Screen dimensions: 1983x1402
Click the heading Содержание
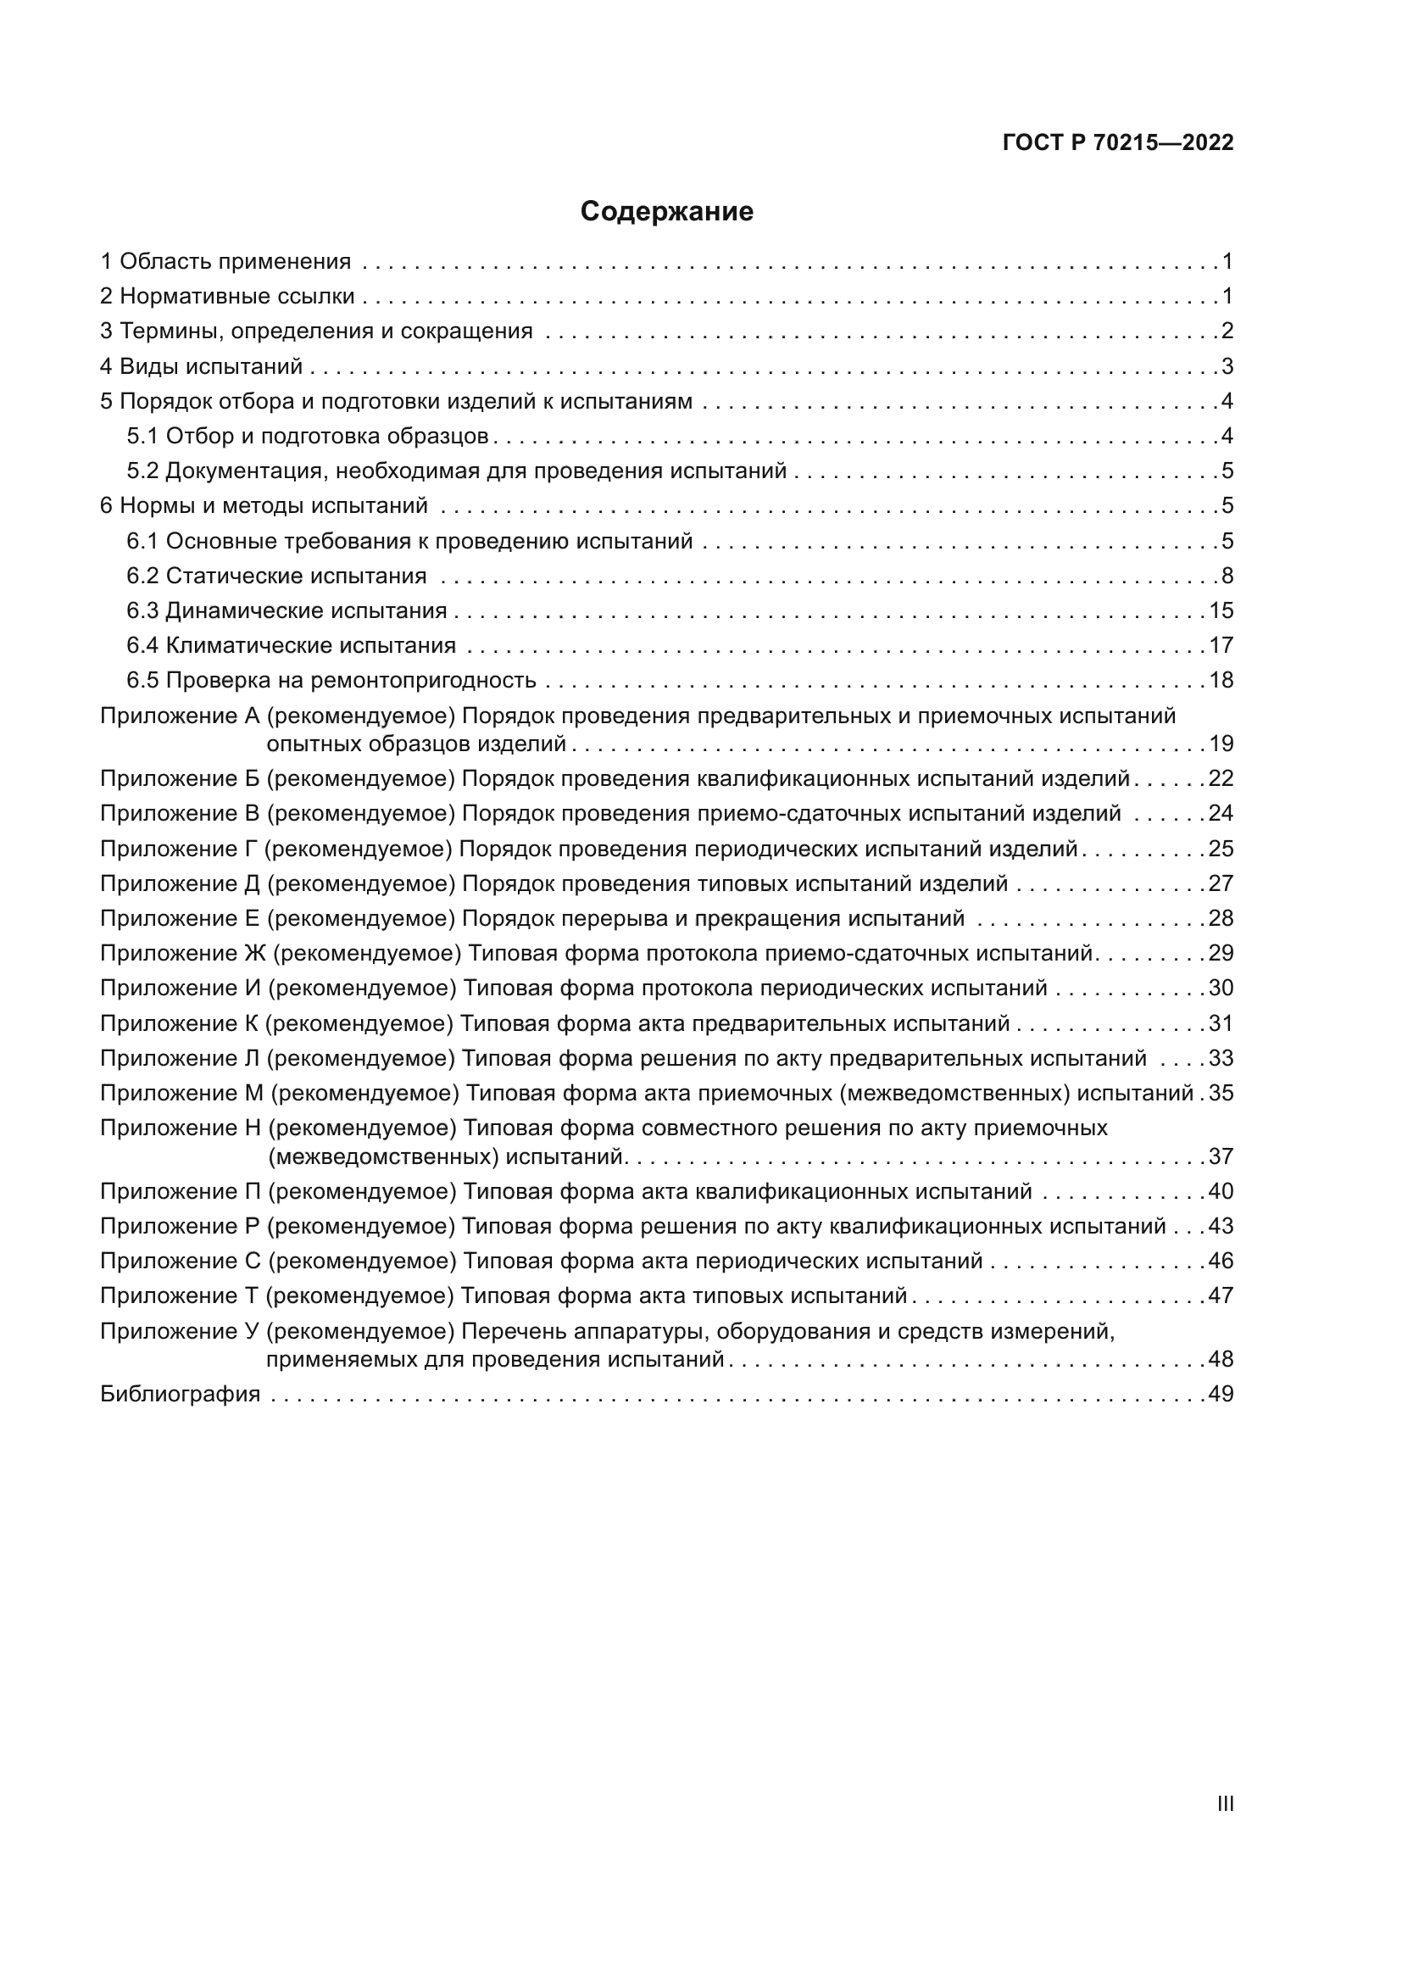[666, 212]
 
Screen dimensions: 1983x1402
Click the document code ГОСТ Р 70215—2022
[1118, 142]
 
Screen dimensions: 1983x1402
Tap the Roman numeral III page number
[1225, 1804]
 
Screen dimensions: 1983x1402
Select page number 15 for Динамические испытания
[1221, 610]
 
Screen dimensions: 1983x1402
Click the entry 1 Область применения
[225, 261]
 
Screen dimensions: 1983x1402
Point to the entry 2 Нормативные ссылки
[227, 296]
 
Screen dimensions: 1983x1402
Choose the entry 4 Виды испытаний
[201, 366]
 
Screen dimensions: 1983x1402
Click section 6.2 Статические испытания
[276, 576]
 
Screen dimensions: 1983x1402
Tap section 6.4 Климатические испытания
[291, 646]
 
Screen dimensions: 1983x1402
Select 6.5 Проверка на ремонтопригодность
[331, 681]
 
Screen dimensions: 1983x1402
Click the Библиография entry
[180, 1394]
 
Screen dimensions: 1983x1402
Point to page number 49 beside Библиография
[1221, 1394]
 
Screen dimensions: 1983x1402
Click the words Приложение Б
[180, 779]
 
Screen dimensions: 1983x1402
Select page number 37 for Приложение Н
[1221, 1156]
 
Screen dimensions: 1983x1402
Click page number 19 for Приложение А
[1221, 744]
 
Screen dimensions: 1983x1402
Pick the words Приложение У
[180, 1332]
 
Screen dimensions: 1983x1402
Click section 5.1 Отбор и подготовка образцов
[308, 436]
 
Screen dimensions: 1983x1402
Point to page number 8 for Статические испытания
[1227, 576]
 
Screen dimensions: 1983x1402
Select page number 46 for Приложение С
[1221, 1261]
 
